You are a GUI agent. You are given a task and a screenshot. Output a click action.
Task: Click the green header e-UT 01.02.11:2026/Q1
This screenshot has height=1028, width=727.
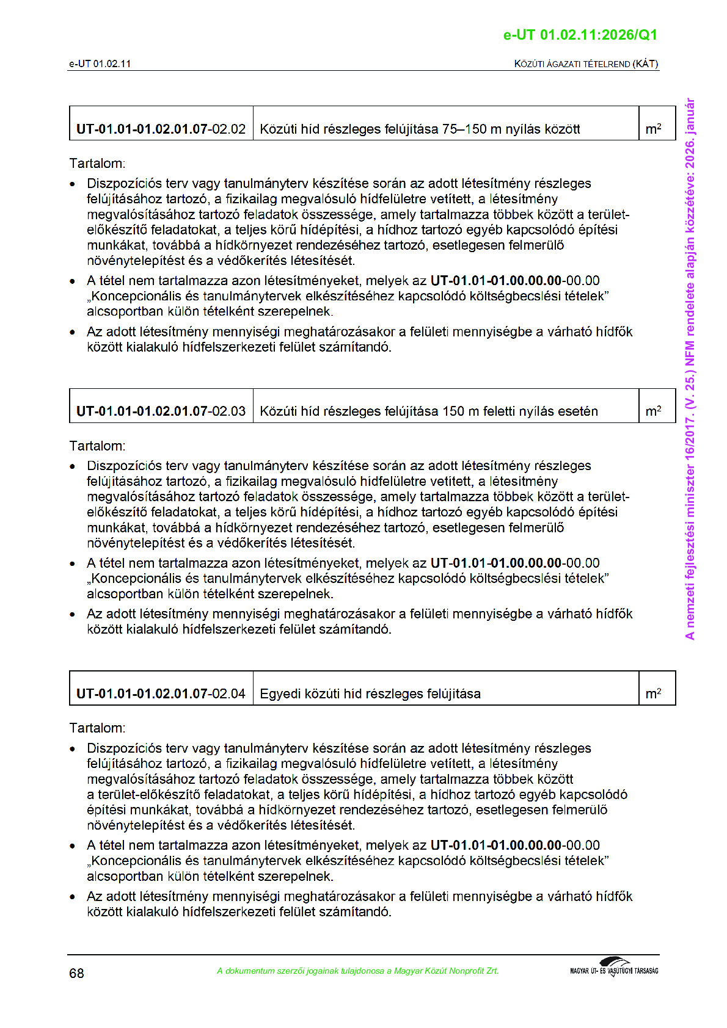pos(580,35)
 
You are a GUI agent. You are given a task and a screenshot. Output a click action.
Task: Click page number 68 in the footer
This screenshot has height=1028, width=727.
pos(76,973)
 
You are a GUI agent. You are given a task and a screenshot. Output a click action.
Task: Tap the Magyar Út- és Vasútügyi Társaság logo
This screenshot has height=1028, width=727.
pos(614,968)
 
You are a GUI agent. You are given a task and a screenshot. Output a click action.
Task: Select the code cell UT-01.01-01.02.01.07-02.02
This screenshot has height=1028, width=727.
pos(161,129)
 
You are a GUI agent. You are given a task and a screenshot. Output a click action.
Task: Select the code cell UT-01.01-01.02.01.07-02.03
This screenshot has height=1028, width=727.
pos(161,411)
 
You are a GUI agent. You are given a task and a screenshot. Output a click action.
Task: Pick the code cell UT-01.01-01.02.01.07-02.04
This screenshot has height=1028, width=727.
pos(161,693)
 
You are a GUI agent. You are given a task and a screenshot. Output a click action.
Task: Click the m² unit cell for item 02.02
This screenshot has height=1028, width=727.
pos(653,129)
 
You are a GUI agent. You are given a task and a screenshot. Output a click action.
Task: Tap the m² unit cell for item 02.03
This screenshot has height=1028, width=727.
pos(653,411)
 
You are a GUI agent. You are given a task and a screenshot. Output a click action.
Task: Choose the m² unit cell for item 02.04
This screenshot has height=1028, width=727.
pos(653,693)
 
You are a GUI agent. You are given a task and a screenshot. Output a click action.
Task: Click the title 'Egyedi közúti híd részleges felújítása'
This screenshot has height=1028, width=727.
pos(370,693)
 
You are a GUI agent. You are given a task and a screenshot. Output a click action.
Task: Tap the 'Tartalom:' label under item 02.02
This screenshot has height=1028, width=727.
pos(97,164)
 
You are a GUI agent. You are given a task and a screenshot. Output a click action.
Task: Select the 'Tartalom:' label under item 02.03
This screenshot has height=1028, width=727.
pos(97,446)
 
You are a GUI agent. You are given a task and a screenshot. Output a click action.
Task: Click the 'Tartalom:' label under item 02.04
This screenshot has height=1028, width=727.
pos(97,728)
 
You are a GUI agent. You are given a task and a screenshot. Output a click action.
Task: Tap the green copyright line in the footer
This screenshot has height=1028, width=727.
pos(358,971)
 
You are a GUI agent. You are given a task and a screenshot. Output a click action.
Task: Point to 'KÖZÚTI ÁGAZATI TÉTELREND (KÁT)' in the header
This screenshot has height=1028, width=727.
pos(586,63)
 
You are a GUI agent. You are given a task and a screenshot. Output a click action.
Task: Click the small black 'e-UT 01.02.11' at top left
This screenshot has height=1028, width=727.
pos(100,63)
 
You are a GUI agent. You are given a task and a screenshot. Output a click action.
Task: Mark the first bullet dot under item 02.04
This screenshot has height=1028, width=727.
pos(73,748)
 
